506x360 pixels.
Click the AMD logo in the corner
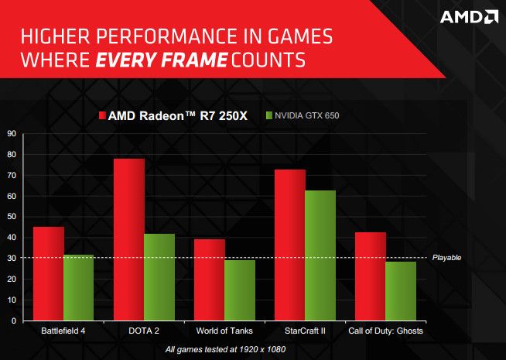pos(469,17)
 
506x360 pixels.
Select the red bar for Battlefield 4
pos(49,273)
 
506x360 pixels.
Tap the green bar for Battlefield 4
pos(78,287)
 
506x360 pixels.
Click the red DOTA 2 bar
pos(129,239)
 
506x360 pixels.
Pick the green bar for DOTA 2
pos(159,277)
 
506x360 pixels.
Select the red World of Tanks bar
pos(210,279)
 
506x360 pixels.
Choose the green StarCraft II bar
pos(320,255)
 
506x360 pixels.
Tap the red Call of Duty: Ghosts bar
pos(371,276)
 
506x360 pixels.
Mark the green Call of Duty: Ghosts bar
pos(400,291)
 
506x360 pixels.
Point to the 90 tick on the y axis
pos(12,133)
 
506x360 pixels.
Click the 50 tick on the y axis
pos(12,216)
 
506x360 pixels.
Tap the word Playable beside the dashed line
pos(446,258)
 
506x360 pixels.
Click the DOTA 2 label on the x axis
pos(144,331)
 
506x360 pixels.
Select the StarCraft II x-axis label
pos(305,331)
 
